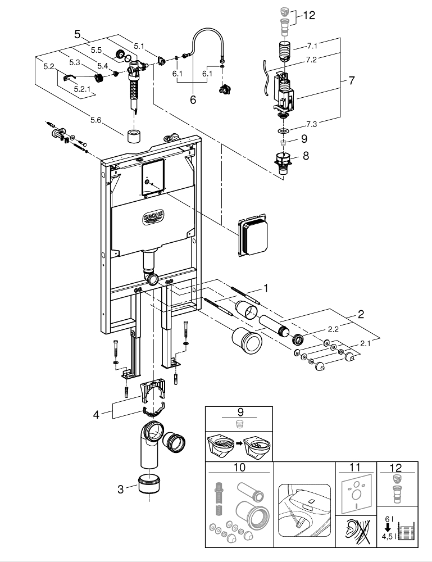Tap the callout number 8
(x=306, y=156)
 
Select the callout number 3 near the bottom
(x=120, y=489)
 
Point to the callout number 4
(x=97, y=415)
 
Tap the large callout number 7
(x=351, y=80)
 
